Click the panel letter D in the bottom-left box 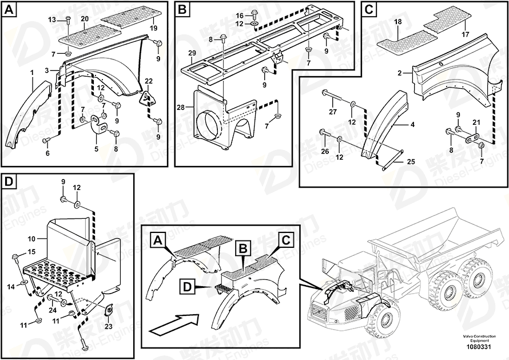coord(9,182)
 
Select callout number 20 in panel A coord(85,19)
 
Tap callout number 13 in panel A coord(52,19)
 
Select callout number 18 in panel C coord(398,21)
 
